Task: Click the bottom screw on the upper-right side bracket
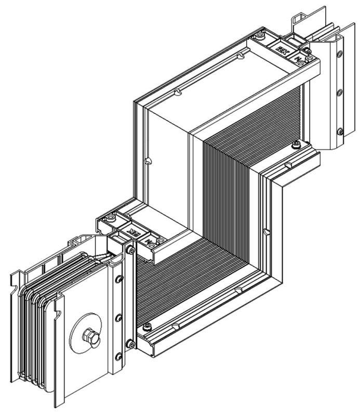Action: point(340,131)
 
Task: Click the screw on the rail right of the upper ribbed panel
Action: point(297,144)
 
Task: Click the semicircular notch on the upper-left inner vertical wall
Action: point(149,161)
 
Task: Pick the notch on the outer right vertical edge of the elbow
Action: point(265,230)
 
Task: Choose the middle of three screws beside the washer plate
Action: point(119,317)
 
